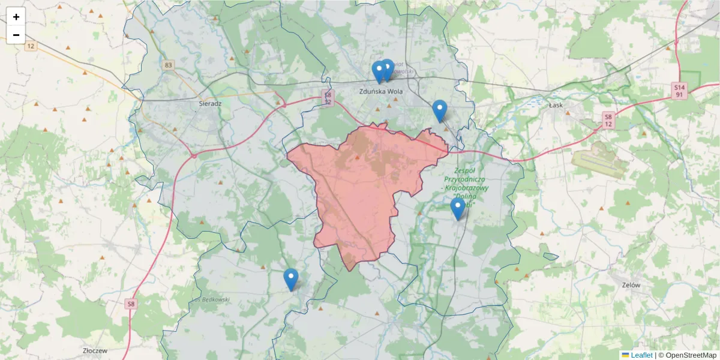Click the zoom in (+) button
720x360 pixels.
(16, 17)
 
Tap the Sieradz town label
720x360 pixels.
(210, 103)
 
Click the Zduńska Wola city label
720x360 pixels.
(380, 92)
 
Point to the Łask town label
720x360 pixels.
(556, 104)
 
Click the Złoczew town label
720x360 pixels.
(95, 349)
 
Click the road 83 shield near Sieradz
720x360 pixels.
(168, 65)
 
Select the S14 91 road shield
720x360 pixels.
(679, 91)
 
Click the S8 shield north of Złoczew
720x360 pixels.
(131, 304)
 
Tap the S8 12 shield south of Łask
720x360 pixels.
(608, 120)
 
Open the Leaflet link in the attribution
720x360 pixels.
(641, 355)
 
